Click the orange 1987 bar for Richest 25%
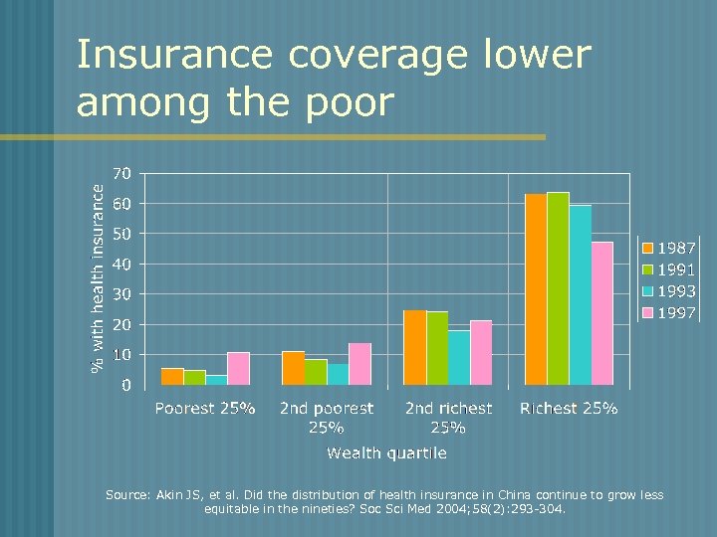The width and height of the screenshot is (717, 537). point(536,289)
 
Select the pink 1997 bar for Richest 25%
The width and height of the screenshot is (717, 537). point(601,313)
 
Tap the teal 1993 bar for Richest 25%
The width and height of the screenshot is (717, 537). point(580,295)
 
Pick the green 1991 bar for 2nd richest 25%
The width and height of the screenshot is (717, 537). point(436,348)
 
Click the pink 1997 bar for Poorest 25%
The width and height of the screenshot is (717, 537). point(238,369)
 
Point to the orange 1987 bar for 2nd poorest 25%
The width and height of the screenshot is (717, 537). point(293,368)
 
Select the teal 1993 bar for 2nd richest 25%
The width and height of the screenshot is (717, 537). point(458,358)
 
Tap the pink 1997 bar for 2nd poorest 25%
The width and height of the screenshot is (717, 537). point(359,364)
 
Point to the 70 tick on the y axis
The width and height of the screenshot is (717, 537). point(120,173)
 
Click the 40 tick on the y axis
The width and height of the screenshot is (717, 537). point(120,264)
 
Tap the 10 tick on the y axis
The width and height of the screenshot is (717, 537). point(120,355)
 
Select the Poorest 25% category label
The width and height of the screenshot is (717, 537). point(204,408)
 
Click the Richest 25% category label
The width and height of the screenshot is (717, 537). point(569,408)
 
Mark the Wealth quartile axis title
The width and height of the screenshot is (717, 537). point(386,452)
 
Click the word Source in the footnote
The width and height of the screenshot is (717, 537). point(128,495)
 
